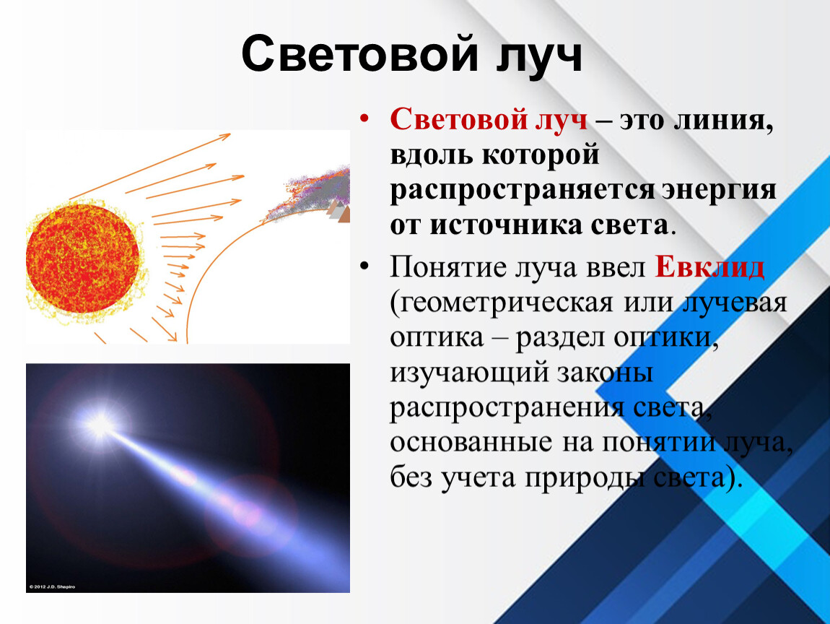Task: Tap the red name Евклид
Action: [x=710, y=267]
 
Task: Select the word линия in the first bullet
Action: [x=724, y=121]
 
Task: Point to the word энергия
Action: [x=718, y=190]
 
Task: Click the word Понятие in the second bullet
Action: [x=447, y=267]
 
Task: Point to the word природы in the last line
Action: [x=585, y=479]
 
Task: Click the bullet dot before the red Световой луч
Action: [x=363, y=120]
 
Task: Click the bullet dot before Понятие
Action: [x=363, y=266]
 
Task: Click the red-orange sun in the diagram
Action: [x=83, y=259]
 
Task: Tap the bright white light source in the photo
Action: [x=100, y=424]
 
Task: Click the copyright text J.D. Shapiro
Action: [x=52, y=587]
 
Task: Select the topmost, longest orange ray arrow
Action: [x=150, y=166]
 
